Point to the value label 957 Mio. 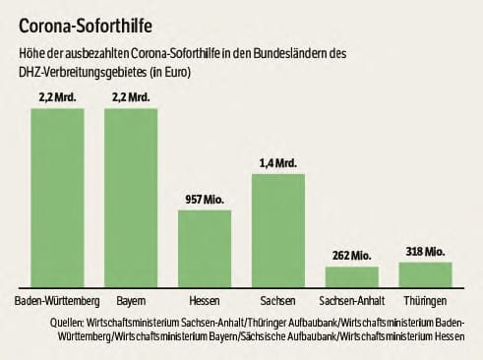pos(205,200)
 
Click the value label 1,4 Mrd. pos(278,162)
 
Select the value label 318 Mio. pos(426,251)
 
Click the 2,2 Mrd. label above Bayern pos(131,97)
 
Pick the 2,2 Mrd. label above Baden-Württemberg pos(57,97)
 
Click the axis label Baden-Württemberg pos(57,299)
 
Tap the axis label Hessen pos(205,299)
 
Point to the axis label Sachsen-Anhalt pos(352,299)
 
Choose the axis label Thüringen pos(426,299)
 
